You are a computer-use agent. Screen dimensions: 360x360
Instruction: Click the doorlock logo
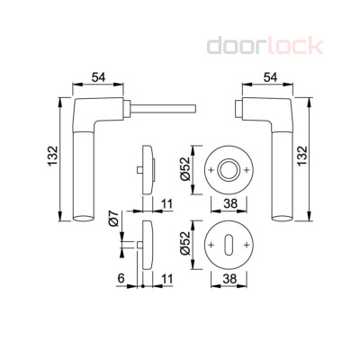click(265, 46)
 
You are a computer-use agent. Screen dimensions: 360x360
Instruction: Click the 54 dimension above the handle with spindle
click(99, 77)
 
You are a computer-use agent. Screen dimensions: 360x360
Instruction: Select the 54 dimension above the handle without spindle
click(270, 77)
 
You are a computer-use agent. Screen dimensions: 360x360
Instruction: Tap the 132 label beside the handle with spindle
click(52, 156)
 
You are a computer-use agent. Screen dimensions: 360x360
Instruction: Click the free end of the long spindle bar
click(195, 109)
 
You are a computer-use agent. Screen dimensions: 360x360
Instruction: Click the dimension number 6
click(121, 279)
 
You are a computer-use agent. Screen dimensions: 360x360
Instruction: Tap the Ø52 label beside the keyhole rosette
click(185, 242)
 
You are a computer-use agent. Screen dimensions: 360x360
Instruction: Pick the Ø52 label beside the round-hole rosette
click(185, 168)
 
